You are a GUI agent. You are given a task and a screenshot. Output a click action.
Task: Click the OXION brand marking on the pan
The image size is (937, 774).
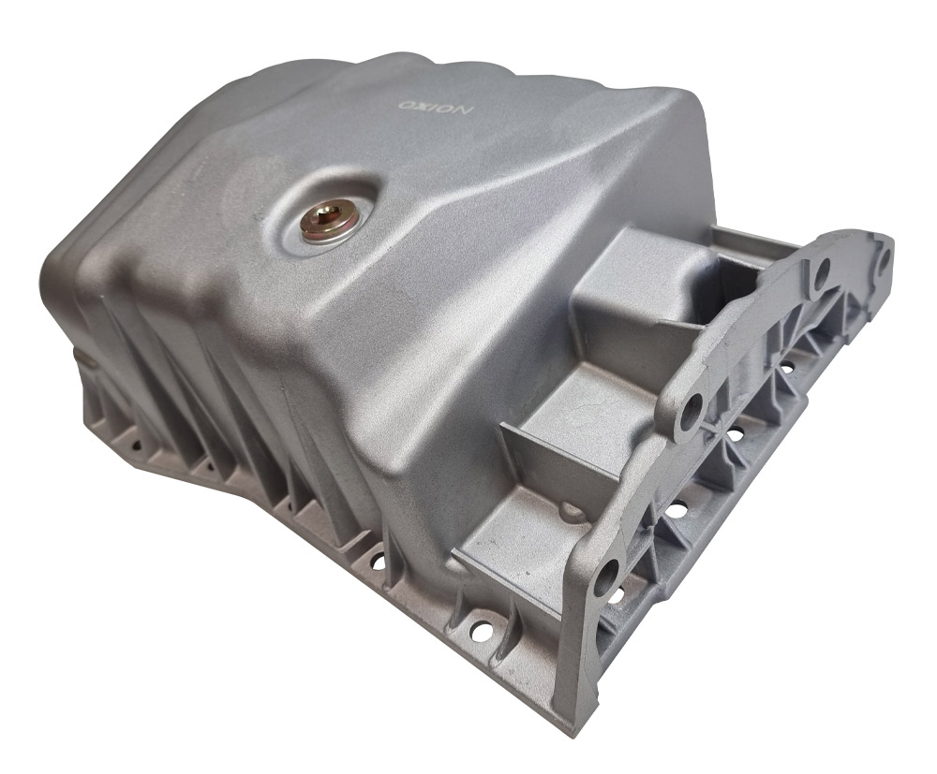tap(437, 108)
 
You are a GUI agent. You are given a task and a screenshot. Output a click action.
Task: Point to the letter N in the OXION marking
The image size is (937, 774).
tap(464, 111)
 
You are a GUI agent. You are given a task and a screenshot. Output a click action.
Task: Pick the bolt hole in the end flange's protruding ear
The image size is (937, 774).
tap(692, 409)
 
